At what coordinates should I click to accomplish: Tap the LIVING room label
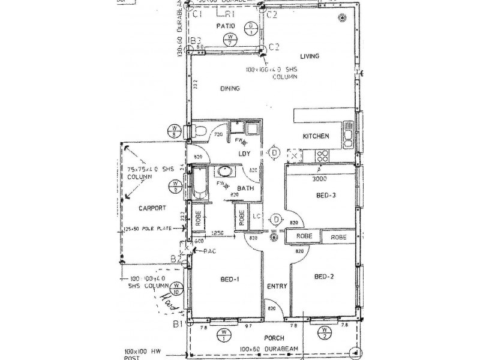click(x=310, y=56)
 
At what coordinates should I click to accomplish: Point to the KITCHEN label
click(x=316, y=136)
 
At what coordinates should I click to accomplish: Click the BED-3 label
click(x=325, y=196)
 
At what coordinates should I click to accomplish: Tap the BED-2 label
click(x=324, y=277)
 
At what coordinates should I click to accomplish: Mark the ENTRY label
click(x=277, y=286)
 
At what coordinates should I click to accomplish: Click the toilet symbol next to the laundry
click(x=200, y=131)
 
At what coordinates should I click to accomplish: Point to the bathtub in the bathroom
click(x=199, y=184)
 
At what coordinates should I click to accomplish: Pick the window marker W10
click(x=177, y=289)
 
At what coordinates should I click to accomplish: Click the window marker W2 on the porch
click(x=325, y=332)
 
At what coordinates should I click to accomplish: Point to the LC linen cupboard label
click(x=256, y=216)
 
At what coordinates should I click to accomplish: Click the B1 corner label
click(x=177, y=325)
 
